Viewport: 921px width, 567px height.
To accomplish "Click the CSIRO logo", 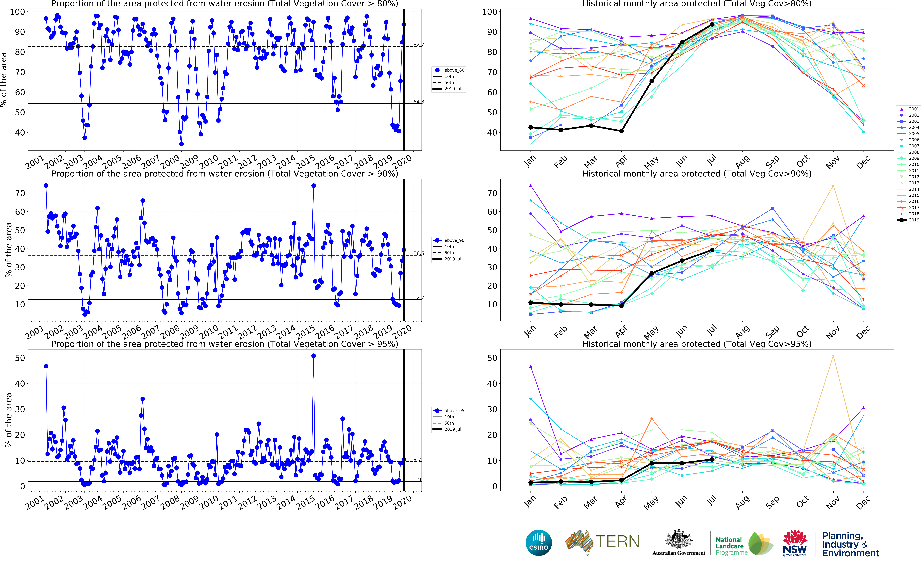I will pos(539,543).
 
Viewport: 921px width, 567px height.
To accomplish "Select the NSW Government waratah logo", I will pos(795,543).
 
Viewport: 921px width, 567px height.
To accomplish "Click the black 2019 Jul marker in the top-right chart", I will pos(712,24).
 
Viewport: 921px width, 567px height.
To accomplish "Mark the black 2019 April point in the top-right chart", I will pos(621,131).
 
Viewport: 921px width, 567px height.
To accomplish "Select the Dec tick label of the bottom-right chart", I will pos(863,503).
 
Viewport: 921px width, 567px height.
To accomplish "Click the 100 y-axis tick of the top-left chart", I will pos(17,12).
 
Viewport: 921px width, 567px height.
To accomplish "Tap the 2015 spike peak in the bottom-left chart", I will pos(313,356).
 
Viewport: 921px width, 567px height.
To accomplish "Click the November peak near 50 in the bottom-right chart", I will pos(833,356).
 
